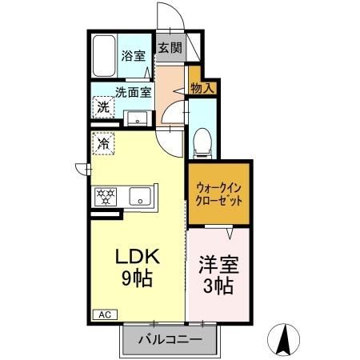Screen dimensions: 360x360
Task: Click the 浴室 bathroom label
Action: [133, 56]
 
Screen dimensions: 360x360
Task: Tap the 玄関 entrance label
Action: [169, 47]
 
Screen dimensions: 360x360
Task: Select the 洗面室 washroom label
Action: [133, 92]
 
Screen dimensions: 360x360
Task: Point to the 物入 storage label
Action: [202, 87]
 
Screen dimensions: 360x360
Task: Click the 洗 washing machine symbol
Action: [103, 106]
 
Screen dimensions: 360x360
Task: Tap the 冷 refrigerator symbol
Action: [103, 145]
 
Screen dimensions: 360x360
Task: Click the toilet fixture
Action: [202, 142]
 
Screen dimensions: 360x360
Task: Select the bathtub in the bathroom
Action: [103, 56]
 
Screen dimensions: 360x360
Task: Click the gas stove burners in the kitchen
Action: [106, 194]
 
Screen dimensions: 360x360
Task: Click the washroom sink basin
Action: [138, 120]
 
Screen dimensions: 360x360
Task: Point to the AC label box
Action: [103, 314]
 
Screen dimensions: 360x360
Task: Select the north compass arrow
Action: [283, 340]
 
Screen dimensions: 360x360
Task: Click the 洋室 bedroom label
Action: [218, 262]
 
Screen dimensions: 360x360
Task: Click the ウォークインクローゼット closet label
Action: [218, 194]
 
